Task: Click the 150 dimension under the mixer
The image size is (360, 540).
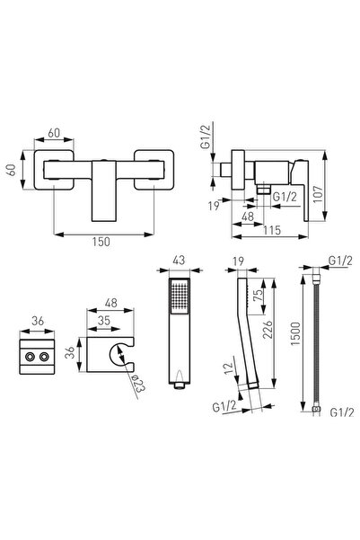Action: click(101, 242)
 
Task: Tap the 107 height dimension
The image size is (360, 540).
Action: click(318, 194)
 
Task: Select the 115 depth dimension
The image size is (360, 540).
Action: click(272, 230)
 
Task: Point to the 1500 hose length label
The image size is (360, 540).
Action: click(295, 333)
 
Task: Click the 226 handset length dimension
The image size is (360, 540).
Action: click(268, 330)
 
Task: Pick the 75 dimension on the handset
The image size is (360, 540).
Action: click(259, 295)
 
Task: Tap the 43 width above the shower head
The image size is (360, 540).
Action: click(179, 260)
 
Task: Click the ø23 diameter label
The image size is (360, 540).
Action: click(138, 384)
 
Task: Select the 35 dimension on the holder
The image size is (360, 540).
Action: click(103, 320)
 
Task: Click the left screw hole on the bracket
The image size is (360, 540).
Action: click(30, 357)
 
